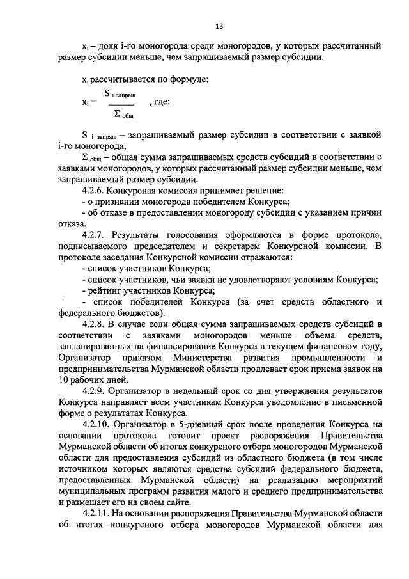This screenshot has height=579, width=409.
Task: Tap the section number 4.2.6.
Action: [93, 191]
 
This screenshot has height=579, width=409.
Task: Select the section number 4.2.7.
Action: [94, 236]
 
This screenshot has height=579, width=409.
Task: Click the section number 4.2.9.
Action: [94, 390]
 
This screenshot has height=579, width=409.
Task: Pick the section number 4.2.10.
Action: [96, 424]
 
